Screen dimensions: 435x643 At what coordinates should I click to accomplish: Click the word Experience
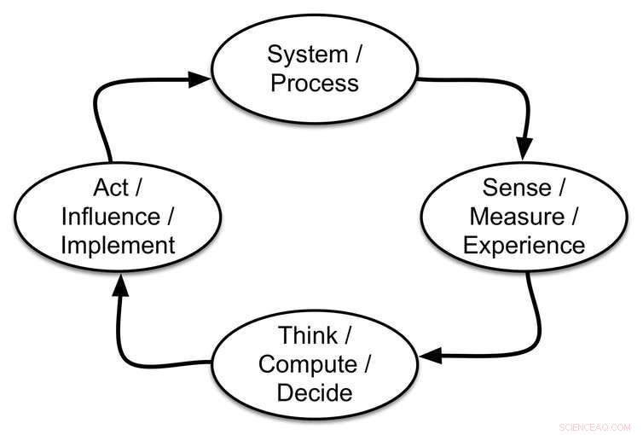click(x=524, y=246)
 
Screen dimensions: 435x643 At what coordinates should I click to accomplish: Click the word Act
click(x=112, y=187)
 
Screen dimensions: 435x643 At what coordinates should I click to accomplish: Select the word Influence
click(x=110, y=216)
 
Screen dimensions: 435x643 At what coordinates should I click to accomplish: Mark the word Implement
click(x=118, y=246)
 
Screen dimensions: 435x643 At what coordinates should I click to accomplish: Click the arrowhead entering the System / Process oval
click(x=199, y=79)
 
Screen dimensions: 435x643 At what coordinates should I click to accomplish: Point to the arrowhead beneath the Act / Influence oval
click(x=120, y=288)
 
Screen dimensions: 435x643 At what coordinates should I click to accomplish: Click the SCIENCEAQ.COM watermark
click(x=594, y=426)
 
